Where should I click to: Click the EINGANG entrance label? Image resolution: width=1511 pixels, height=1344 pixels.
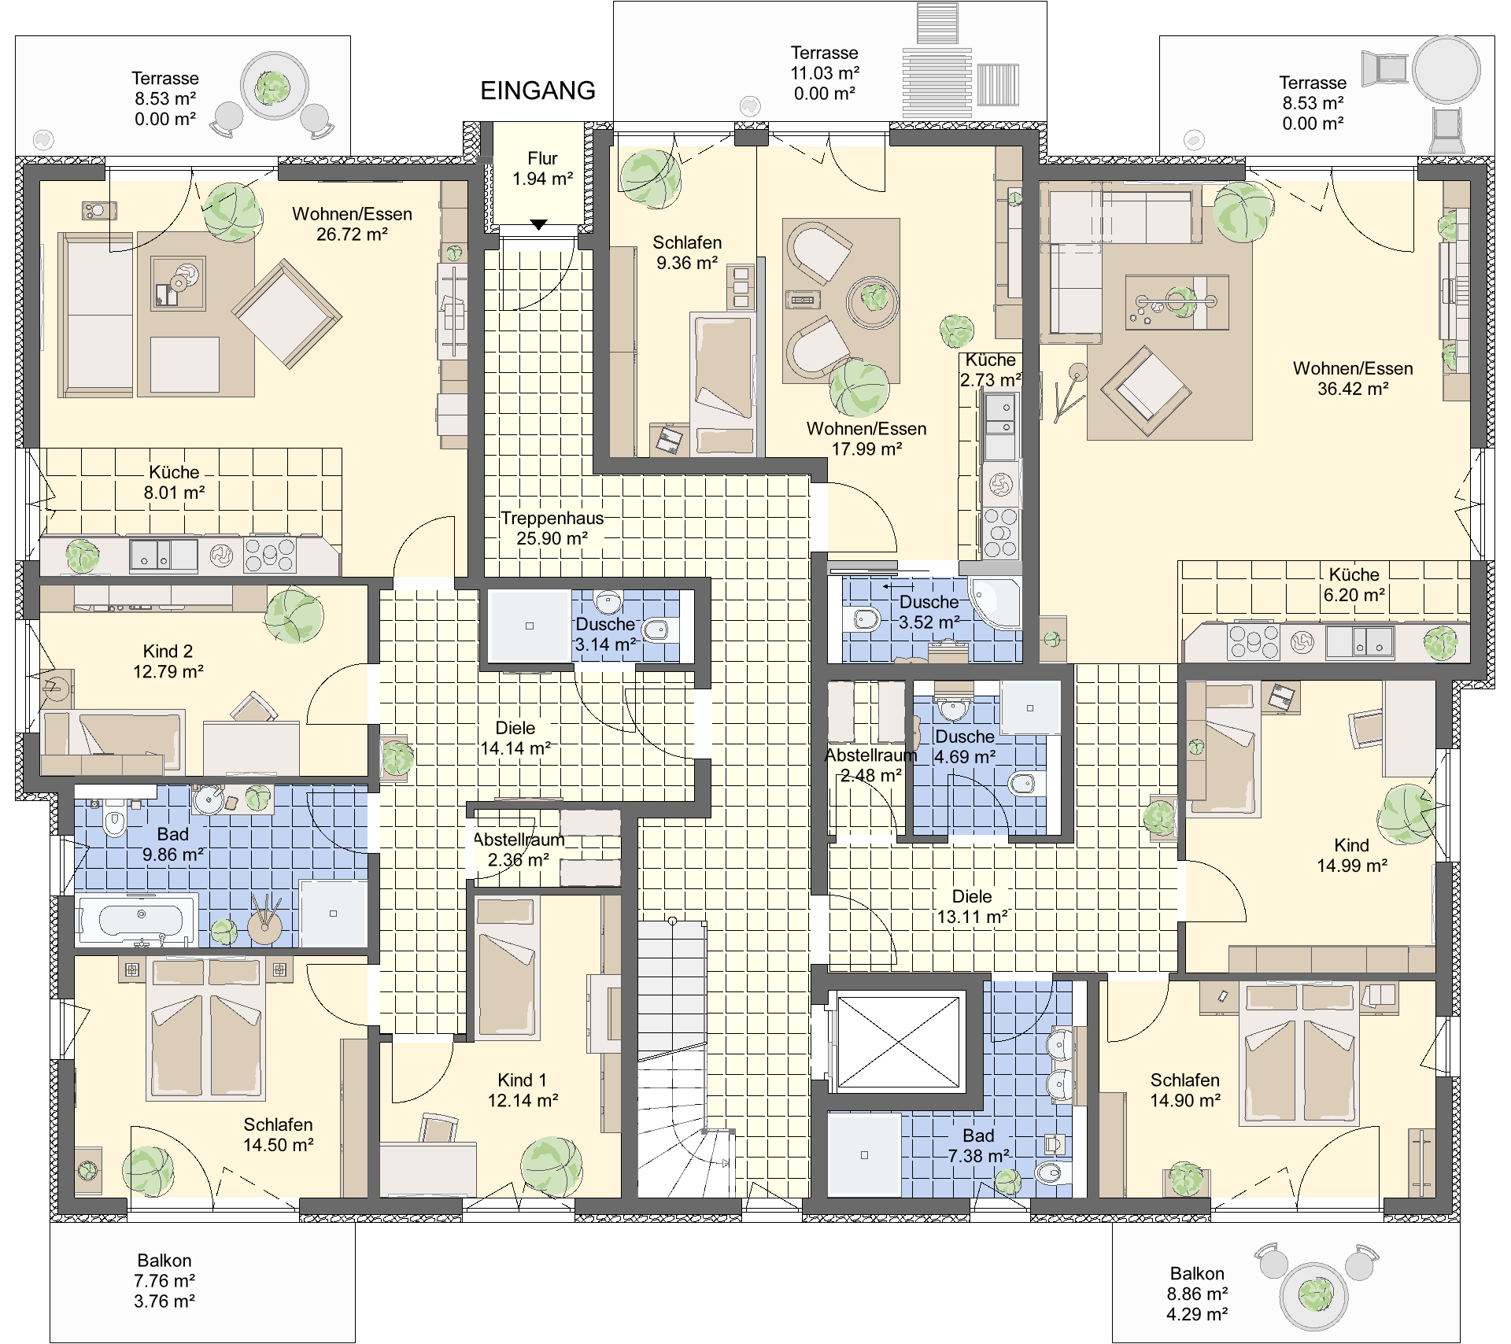point(538,90)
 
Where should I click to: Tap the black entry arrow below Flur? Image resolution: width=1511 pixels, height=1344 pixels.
point(538,225)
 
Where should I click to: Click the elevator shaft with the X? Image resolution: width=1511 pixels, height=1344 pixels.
point(899,1042)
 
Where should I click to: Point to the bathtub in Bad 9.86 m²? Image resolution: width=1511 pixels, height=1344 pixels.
point(137,918)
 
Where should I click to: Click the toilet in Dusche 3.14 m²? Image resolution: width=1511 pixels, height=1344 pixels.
point(656,630)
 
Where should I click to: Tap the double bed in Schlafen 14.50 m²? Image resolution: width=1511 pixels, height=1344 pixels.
point(205,1028)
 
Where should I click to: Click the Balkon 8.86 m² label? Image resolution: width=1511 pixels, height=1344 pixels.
point(1197,1294)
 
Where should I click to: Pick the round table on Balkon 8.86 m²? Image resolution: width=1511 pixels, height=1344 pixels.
point(1314,1296)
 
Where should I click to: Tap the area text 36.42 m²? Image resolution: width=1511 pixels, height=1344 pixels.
point(1353,389)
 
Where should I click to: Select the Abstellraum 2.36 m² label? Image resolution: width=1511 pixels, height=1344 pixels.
point(519,850)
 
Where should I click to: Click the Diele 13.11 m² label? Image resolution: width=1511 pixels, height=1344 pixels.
point(972,906)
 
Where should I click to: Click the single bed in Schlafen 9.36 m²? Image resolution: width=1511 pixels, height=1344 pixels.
point(722,383)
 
